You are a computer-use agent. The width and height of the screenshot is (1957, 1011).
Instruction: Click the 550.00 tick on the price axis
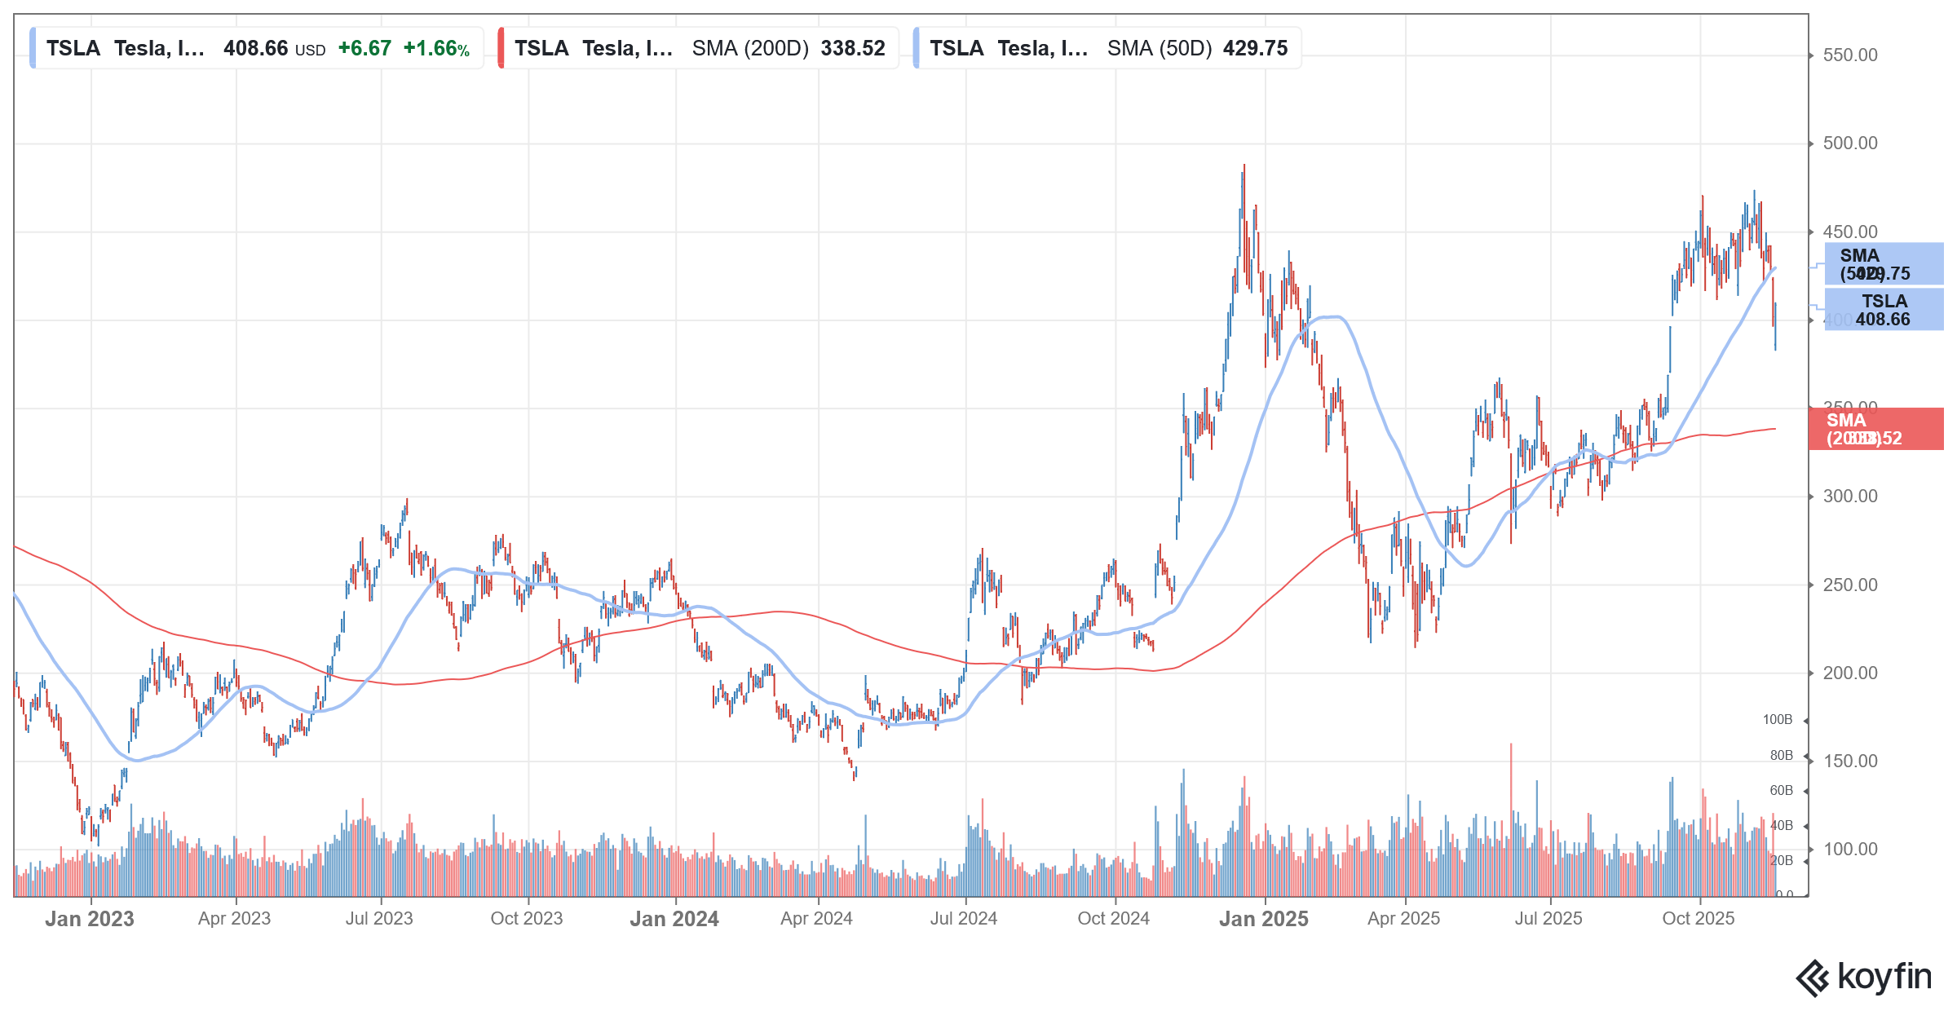click(1849, 55)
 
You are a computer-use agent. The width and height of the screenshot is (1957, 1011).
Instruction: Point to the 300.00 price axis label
click(1849, 497)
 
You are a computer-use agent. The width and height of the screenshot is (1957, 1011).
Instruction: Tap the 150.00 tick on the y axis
click(1849, 762)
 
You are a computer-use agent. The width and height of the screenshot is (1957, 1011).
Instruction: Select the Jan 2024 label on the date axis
click(674, 919)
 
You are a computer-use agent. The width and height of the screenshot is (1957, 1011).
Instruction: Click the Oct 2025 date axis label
click(1699, 919)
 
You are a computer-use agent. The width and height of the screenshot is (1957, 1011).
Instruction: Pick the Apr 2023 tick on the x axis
click(235, 919)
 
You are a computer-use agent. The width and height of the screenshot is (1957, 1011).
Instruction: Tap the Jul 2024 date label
click(964, 919)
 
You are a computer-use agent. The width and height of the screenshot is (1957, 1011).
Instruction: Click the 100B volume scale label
click(1778, 720)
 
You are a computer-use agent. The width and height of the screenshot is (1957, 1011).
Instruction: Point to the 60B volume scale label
click(1781, 791)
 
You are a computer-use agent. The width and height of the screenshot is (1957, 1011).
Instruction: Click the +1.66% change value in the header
click(436, 49)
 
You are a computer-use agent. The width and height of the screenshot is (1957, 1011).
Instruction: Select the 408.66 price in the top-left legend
click(256, 49)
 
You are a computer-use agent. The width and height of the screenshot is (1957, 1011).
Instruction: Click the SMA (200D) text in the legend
click(750, 49)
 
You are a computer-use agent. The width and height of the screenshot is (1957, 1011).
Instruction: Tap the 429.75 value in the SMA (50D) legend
click(1255, 49)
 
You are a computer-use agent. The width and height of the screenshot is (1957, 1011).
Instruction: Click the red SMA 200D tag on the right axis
click(1875, 429)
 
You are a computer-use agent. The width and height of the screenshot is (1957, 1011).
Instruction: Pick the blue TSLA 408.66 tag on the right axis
click(1884, 311)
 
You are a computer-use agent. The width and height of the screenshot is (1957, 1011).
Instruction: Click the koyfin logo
click(1864, 978)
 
